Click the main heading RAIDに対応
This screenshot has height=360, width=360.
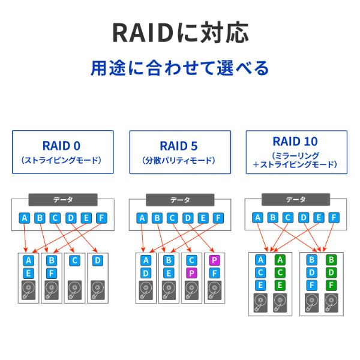(180, 33)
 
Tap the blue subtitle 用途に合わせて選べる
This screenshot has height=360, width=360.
(180, 67)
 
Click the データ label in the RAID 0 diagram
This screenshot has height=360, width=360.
(63, 200)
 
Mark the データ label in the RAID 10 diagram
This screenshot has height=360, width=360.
(295, 200)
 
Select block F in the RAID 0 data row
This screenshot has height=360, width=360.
(101, 218)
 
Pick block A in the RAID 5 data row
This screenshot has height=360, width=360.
(142, 218)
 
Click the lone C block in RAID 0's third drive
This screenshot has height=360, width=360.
(74, 260)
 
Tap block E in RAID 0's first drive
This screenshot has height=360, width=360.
(28, 273)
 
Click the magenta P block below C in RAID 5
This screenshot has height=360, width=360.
(191, 273)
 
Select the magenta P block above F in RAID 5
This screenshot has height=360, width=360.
(214, 260)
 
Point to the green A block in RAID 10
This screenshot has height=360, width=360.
(280, 260)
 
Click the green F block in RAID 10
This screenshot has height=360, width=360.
(331, 285)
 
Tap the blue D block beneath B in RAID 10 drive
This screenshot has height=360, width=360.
(312, 272)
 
